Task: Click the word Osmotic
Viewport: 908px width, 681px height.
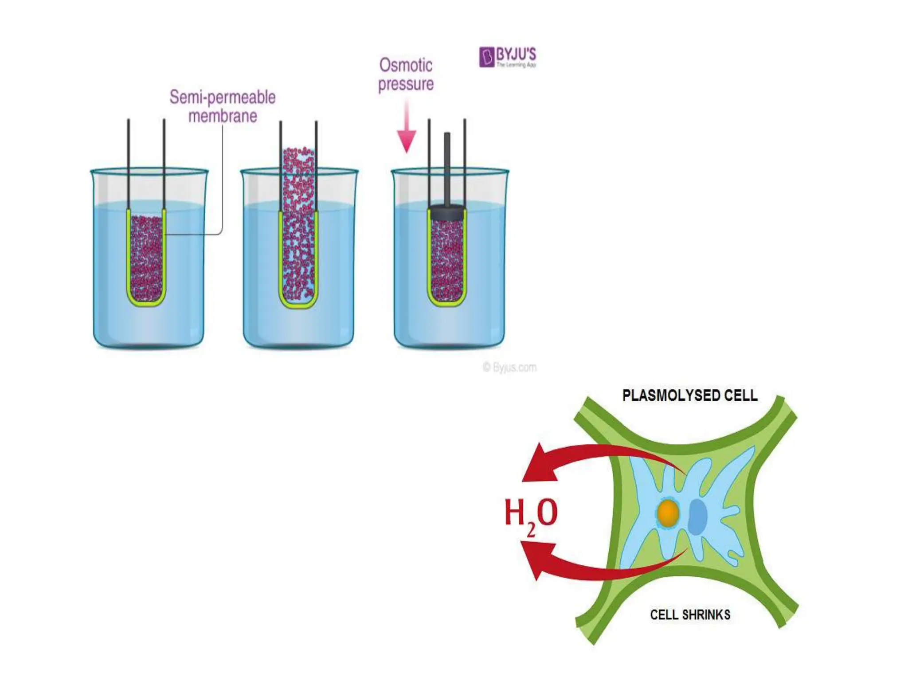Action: pyautogui.click(x=406, y=65)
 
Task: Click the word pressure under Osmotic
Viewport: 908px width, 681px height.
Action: pyautogui.click(x=406, y=84)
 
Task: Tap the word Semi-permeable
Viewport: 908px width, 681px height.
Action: pyautogui.click(x=223, y=97)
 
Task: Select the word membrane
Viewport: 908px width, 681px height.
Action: pyautogui.click(x=223, y=116)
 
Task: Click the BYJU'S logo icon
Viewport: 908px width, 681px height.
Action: pyautogui.click(x=486, y=57)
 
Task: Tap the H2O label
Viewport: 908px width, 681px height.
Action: pyautogui.click(x=531, y=515)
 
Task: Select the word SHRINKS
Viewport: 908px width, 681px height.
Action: pyautogui.click(x=706, y=615)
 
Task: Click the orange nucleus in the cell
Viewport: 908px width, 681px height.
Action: pyautogui.click(x=668, y=513)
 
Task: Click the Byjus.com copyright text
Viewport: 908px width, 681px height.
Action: pyautogui.click(x=510, y=368)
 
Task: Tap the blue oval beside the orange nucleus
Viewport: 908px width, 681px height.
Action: pyautogui.click(x=697, y=517)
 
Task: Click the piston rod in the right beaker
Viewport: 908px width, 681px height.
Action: pyautogui.click(x=447, y=168)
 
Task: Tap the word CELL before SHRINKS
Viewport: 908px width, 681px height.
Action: pyautogui.click(x=664, y=615)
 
